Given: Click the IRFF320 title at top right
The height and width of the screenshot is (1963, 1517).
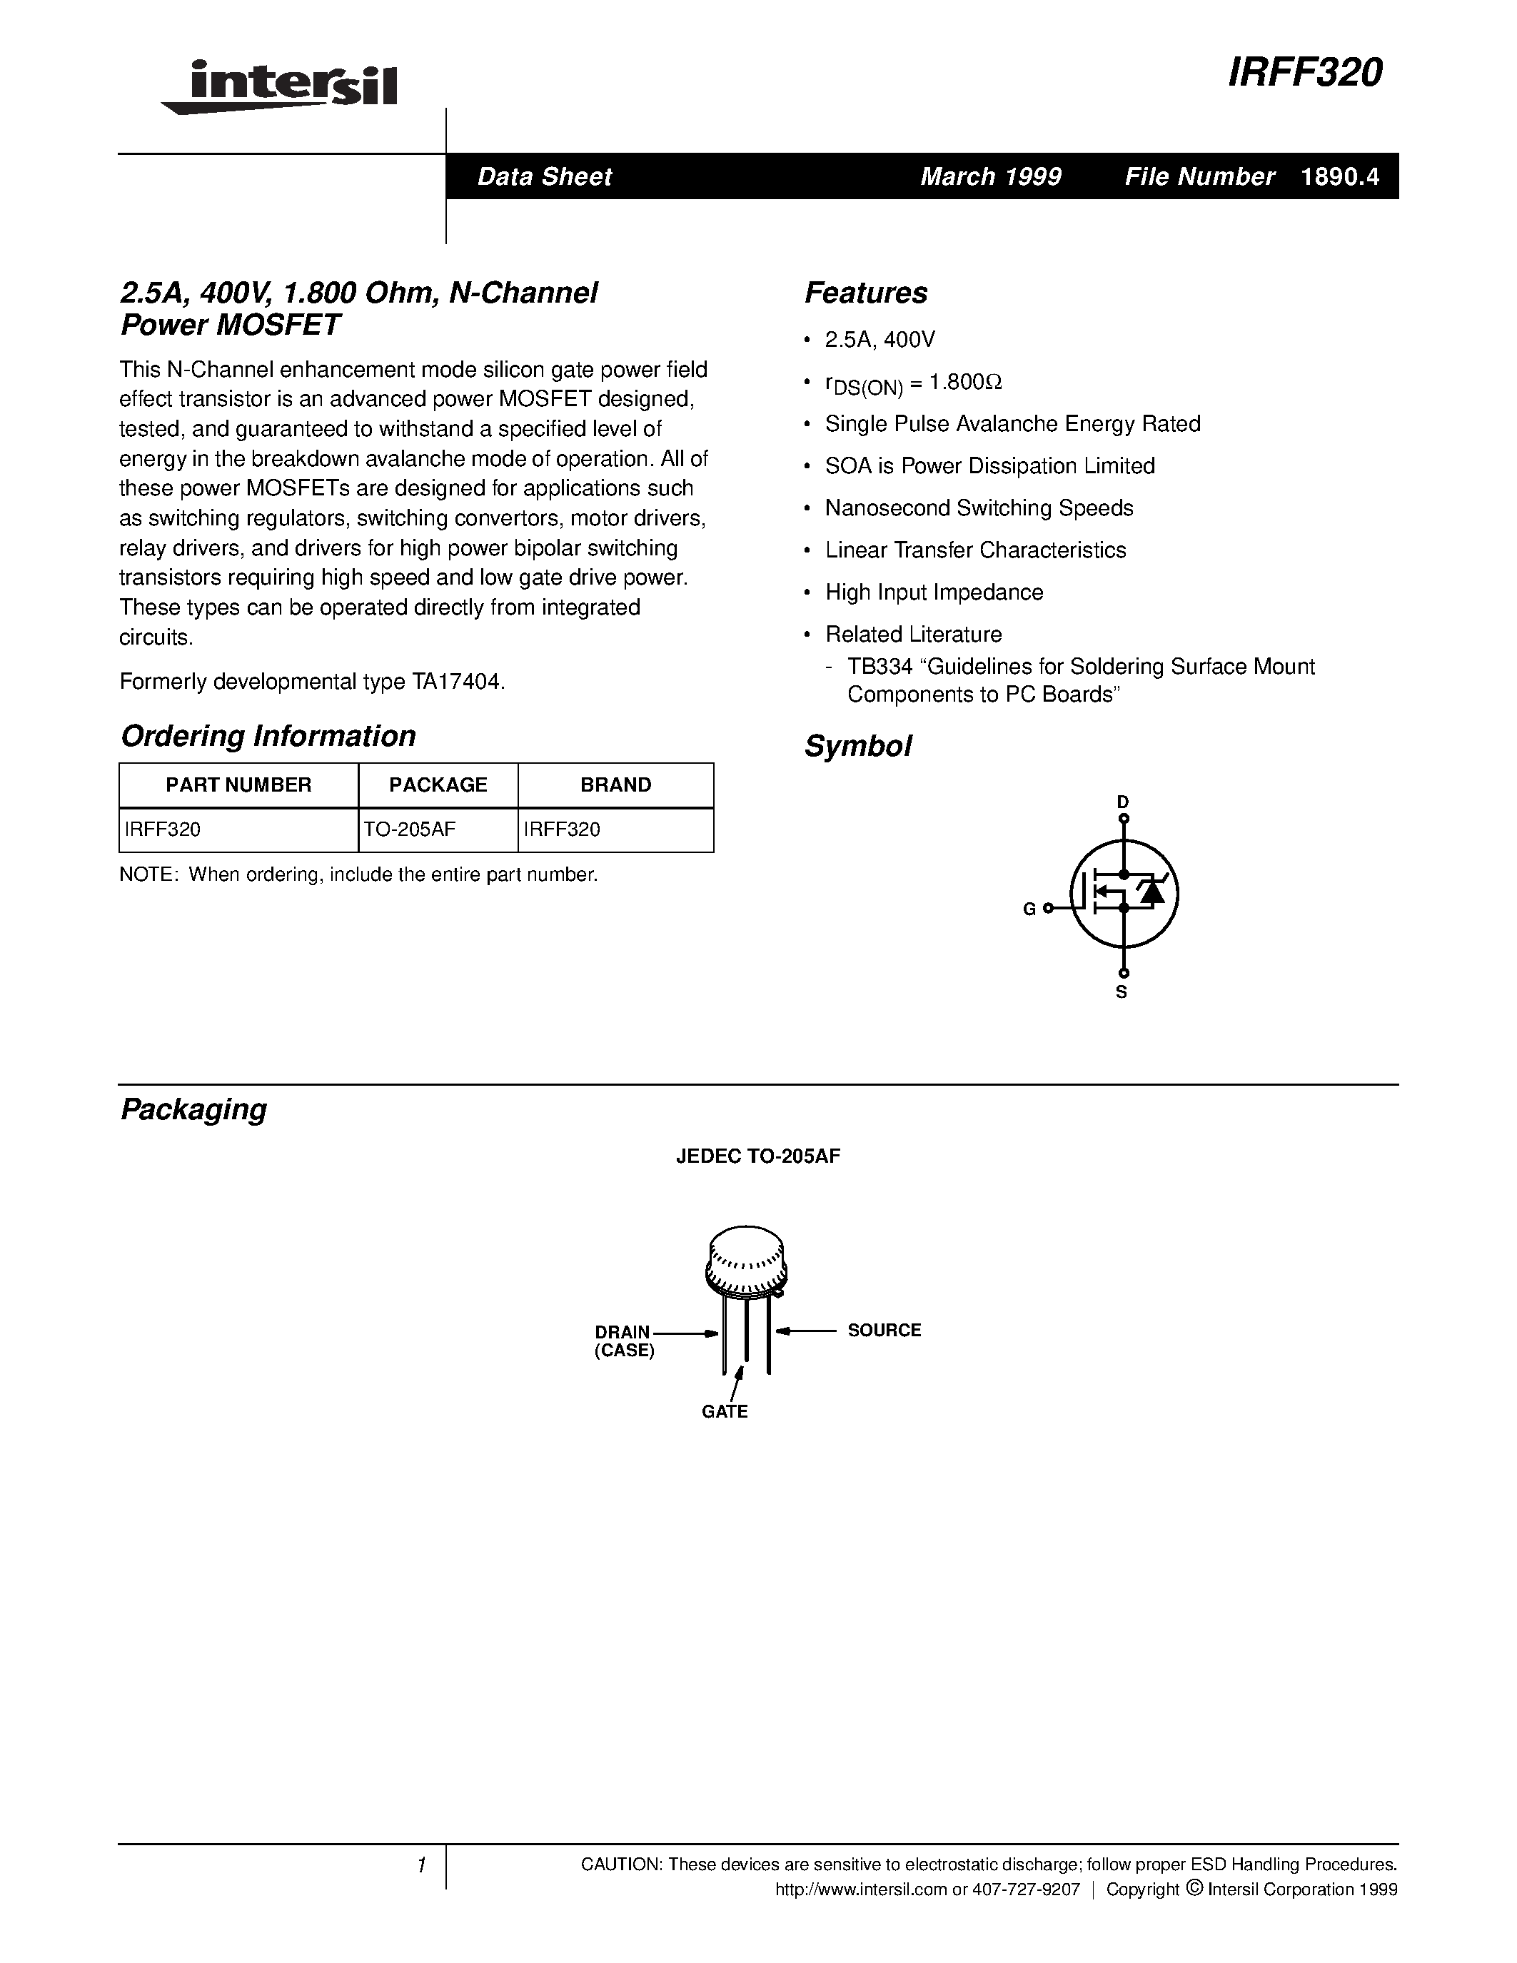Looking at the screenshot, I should pos(1304,74).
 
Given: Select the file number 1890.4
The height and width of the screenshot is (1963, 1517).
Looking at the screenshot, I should pos(1339,177).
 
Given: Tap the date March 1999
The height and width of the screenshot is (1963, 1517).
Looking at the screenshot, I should pos(990,177).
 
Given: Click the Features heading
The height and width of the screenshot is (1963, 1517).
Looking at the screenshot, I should pos(865,293).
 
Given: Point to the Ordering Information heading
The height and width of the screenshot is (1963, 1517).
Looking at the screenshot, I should pos(268,736).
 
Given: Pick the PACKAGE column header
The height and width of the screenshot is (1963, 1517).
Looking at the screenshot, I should pos(438,784).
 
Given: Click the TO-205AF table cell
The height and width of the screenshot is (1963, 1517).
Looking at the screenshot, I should pos(409,829).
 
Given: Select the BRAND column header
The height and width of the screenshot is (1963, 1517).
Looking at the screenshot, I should pos(615,784).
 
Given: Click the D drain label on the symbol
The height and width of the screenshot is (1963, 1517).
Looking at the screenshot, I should pos(1122,801).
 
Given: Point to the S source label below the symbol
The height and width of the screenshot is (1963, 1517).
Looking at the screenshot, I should pos(1122,992).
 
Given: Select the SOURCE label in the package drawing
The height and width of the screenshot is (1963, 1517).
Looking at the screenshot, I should pos(885,1331).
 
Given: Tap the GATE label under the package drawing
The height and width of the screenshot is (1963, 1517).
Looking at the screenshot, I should pos(725,1411).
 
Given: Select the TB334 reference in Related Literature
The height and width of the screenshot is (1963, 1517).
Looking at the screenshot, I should pos(878,667).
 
